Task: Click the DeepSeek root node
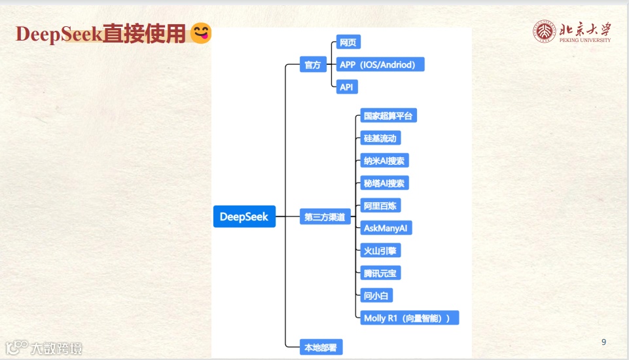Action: (244, 217)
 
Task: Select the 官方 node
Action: (313, 65)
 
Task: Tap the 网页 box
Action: (348, 43)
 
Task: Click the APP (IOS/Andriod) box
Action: (380, 64)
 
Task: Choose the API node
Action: (348, 86)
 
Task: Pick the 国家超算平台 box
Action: (388, 116)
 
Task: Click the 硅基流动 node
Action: (380, 138)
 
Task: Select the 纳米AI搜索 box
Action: (384, 160)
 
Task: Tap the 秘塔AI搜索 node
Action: (384, 183)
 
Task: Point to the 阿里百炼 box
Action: (380, 206)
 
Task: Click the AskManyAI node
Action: (386, 228)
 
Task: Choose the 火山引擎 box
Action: (380, 250)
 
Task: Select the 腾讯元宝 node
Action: (380, 273)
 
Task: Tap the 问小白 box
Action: (376, 295)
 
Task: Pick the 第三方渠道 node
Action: (325, 217)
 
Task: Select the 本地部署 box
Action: (321, 348)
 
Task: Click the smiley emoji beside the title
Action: (201, 33)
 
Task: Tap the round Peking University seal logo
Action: (544, 31)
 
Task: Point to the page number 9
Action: (603, 342)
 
